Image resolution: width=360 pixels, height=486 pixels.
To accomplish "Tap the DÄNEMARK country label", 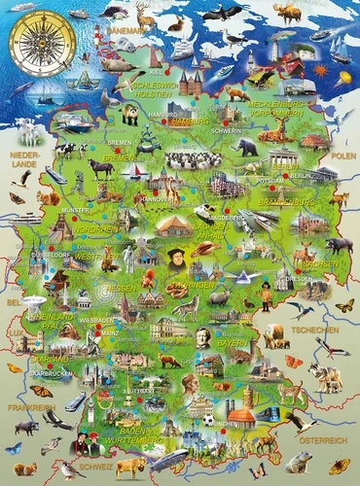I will (x=130, y=30).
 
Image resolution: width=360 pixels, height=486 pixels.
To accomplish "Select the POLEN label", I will (x=342, y=155).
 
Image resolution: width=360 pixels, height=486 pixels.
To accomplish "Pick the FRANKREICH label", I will (x=26, y=408).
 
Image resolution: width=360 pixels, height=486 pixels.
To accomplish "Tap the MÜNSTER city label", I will (x=74, y=209).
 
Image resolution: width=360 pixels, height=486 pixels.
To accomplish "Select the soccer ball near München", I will (x=207, y=420).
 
